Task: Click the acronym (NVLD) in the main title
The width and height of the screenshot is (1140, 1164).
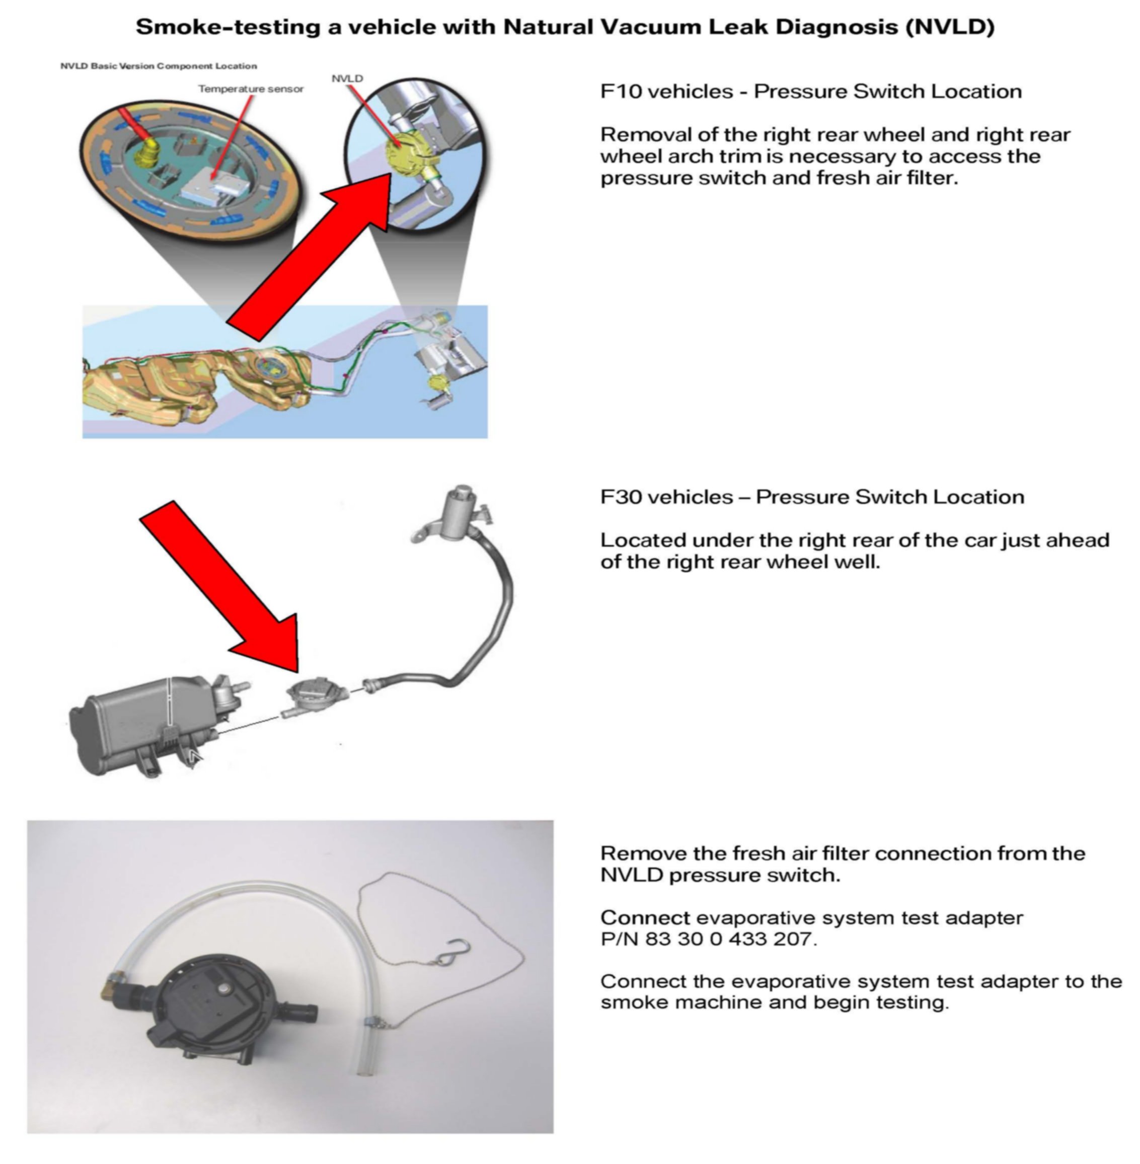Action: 950,27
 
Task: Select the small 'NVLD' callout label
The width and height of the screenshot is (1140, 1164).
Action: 347,79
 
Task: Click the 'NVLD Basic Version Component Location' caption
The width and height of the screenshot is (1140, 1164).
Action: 159,66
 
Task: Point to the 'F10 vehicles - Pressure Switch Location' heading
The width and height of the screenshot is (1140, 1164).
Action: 811,92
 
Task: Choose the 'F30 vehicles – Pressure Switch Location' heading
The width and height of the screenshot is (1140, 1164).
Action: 812,497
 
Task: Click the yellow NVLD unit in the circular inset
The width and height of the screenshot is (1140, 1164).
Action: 409,152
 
